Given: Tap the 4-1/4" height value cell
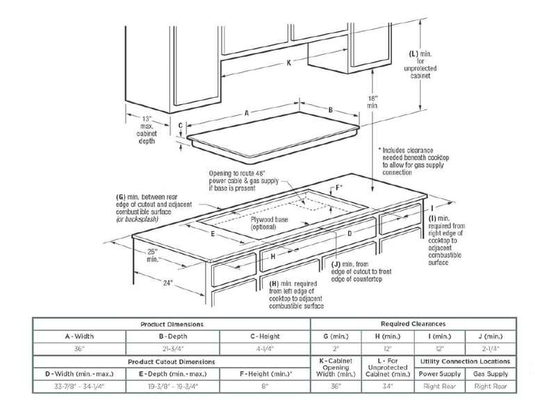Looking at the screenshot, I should click(264, 348).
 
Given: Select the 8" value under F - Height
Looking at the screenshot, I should click(264, 386).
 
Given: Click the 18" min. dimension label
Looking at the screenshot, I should click(373, 102).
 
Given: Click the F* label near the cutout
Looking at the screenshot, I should click(339, 188).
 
